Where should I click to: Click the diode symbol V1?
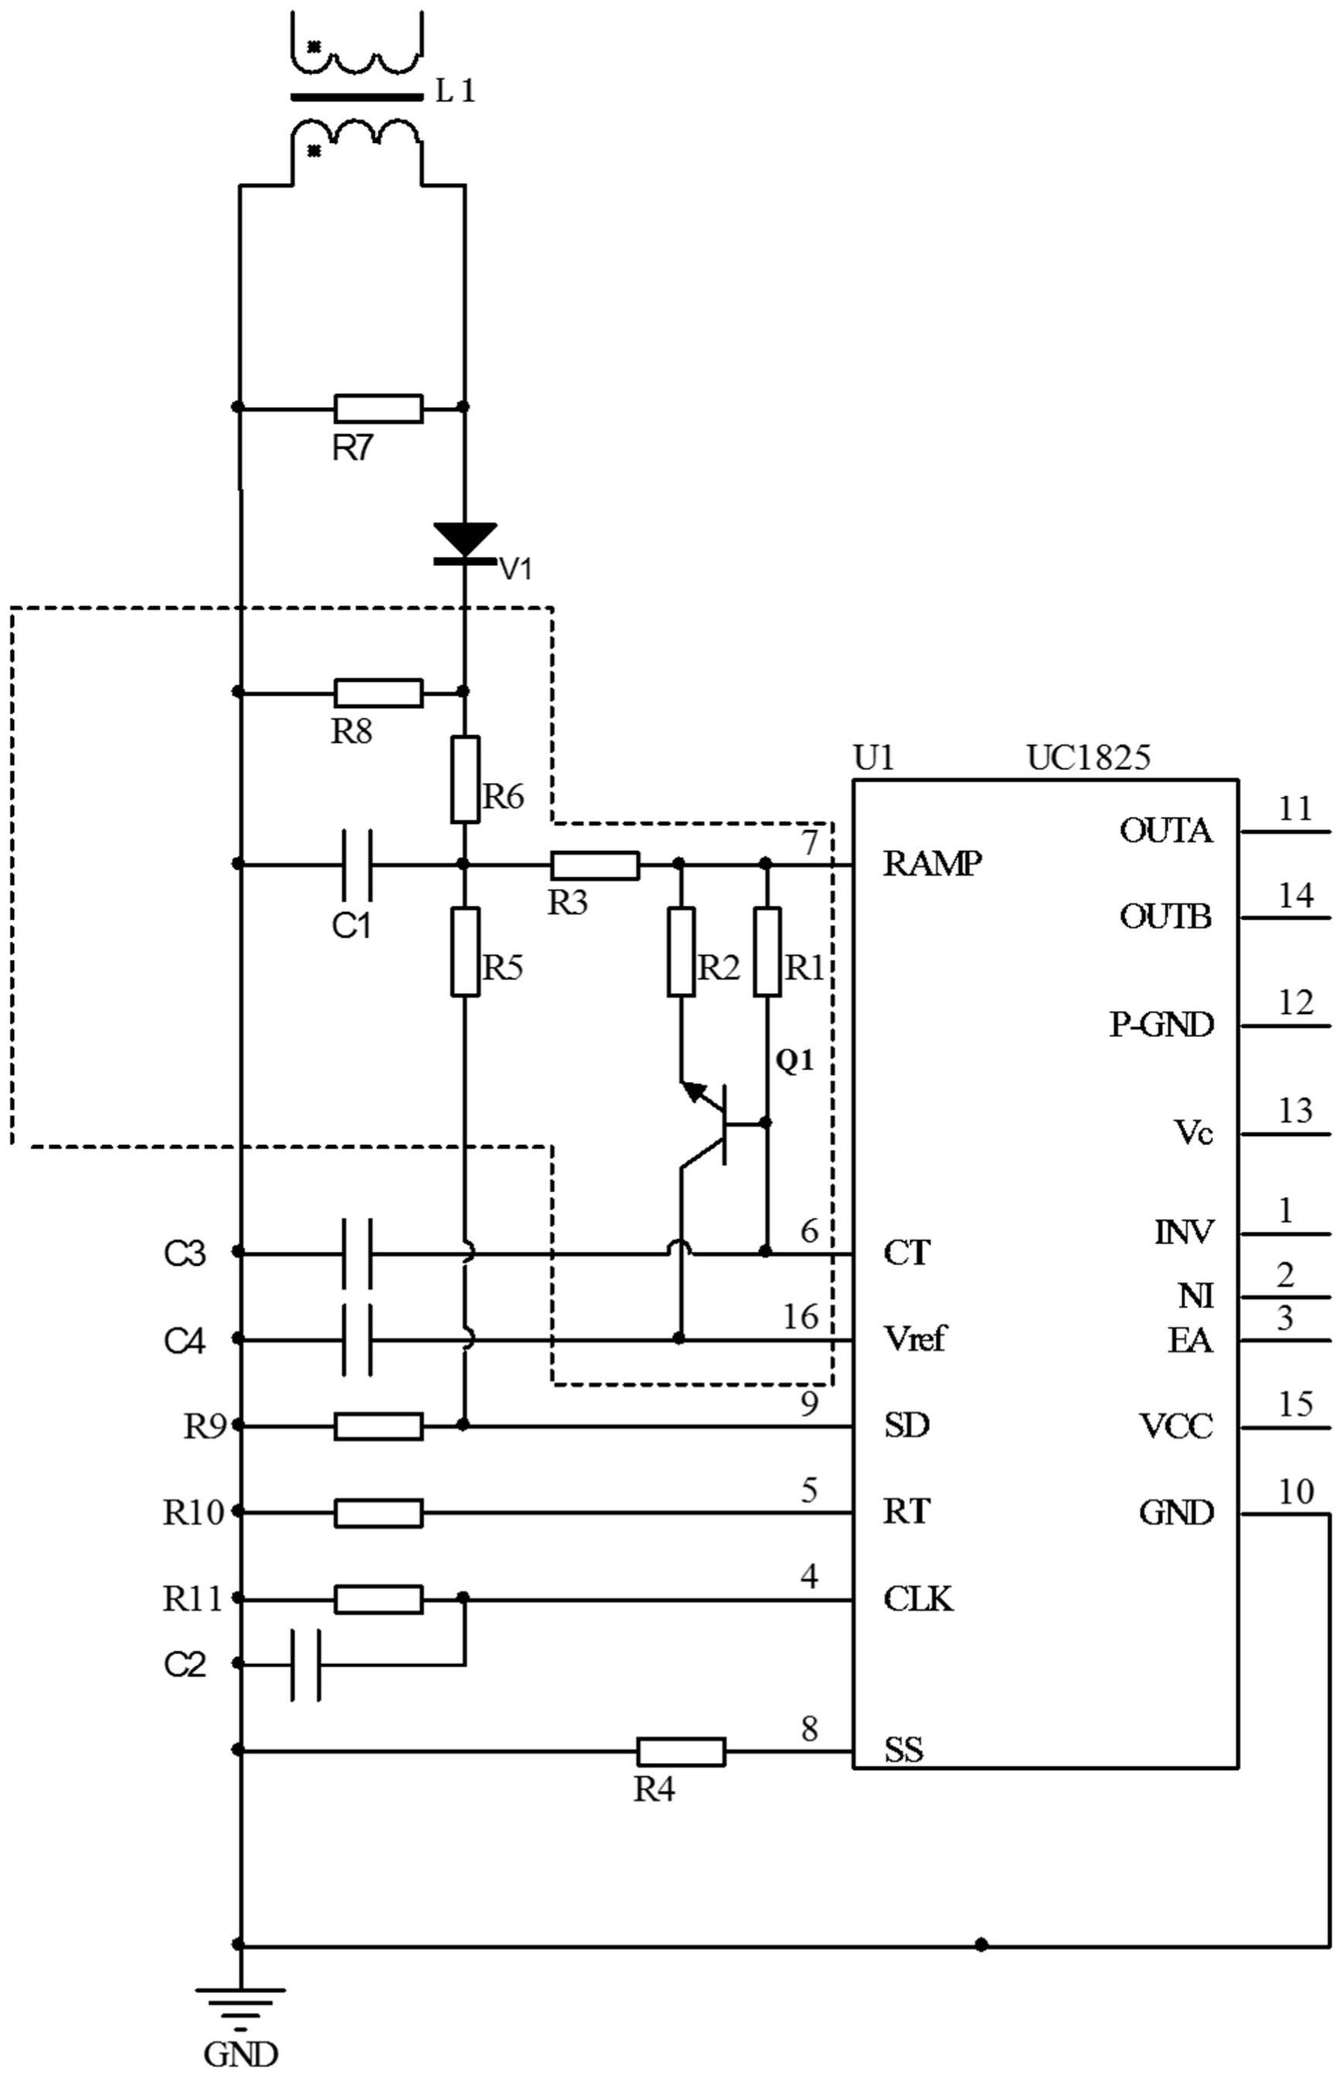[465, 541]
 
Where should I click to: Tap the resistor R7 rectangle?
[378, 408]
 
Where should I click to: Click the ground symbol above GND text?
[240, 1996]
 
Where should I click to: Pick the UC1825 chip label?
[1088, 757]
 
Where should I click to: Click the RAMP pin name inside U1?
[932, 863]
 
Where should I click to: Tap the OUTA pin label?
[1166, 831]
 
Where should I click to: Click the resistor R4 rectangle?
[680, 1751]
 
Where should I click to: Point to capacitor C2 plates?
[306, 1665]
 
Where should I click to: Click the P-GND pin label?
[1161, 1025]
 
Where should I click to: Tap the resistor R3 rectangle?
[595, 866]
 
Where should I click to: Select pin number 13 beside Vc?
[1295, 1111]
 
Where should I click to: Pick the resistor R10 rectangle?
[378, 1514]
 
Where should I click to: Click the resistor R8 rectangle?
[378, 693]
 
